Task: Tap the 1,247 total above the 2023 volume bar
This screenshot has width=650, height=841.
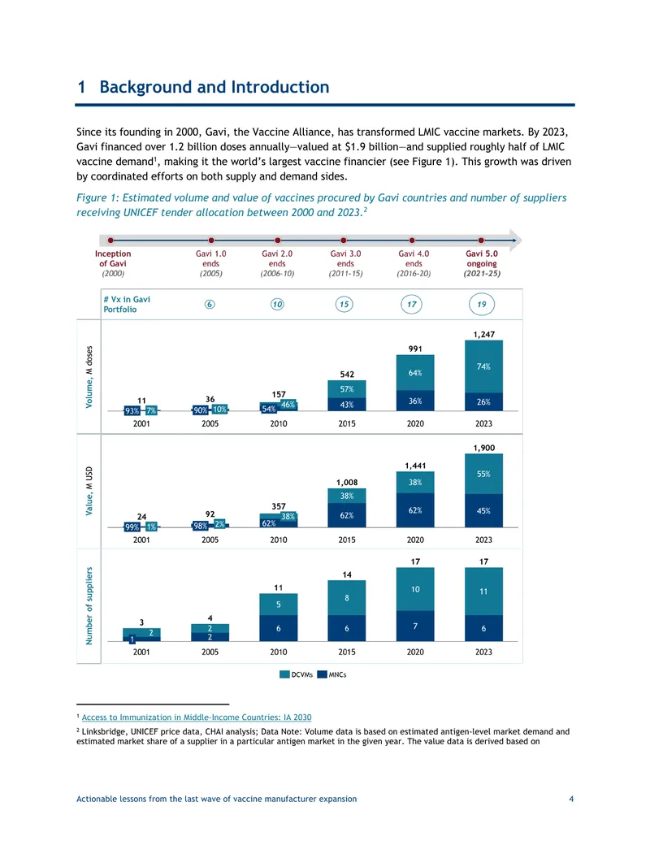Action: [x=483, y=334]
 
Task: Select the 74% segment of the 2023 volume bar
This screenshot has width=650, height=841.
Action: [x=483, y=366]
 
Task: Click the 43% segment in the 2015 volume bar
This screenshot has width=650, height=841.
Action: [x=347, y=405]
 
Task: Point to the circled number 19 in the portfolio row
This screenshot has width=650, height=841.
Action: [x=482, y=304]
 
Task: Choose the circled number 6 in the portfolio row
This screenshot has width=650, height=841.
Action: [x=210, y=304]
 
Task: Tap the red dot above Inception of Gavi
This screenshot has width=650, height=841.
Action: [x=110, y=241]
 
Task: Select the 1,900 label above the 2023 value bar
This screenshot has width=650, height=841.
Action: [x=483, y=448]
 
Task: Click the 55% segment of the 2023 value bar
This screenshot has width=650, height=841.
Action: [x=483, y=475]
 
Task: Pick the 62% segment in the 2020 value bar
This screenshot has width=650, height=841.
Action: [x=415, y=510]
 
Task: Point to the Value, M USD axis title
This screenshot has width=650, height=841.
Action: [x=89, y=491]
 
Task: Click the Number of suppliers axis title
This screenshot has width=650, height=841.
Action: [x=89, y=605]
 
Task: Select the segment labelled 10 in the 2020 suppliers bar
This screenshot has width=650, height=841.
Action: [x=415, y=589]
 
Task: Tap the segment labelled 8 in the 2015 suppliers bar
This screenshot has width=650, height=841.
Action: [x=347, y=597]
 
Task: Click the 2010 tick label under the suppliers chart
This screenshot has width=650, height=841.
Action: [x=279, y=652]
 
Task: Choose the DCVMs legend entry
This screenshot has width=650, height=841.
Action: [x=296, y=674]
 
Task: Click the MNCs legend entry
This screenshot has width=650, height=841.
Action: [x=331, y=674]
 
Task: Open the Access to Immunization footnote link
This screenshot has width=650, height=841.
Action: [x=197, y=717]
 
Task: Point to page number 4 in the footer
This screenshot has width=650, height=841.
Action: [x=571, y=799]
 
